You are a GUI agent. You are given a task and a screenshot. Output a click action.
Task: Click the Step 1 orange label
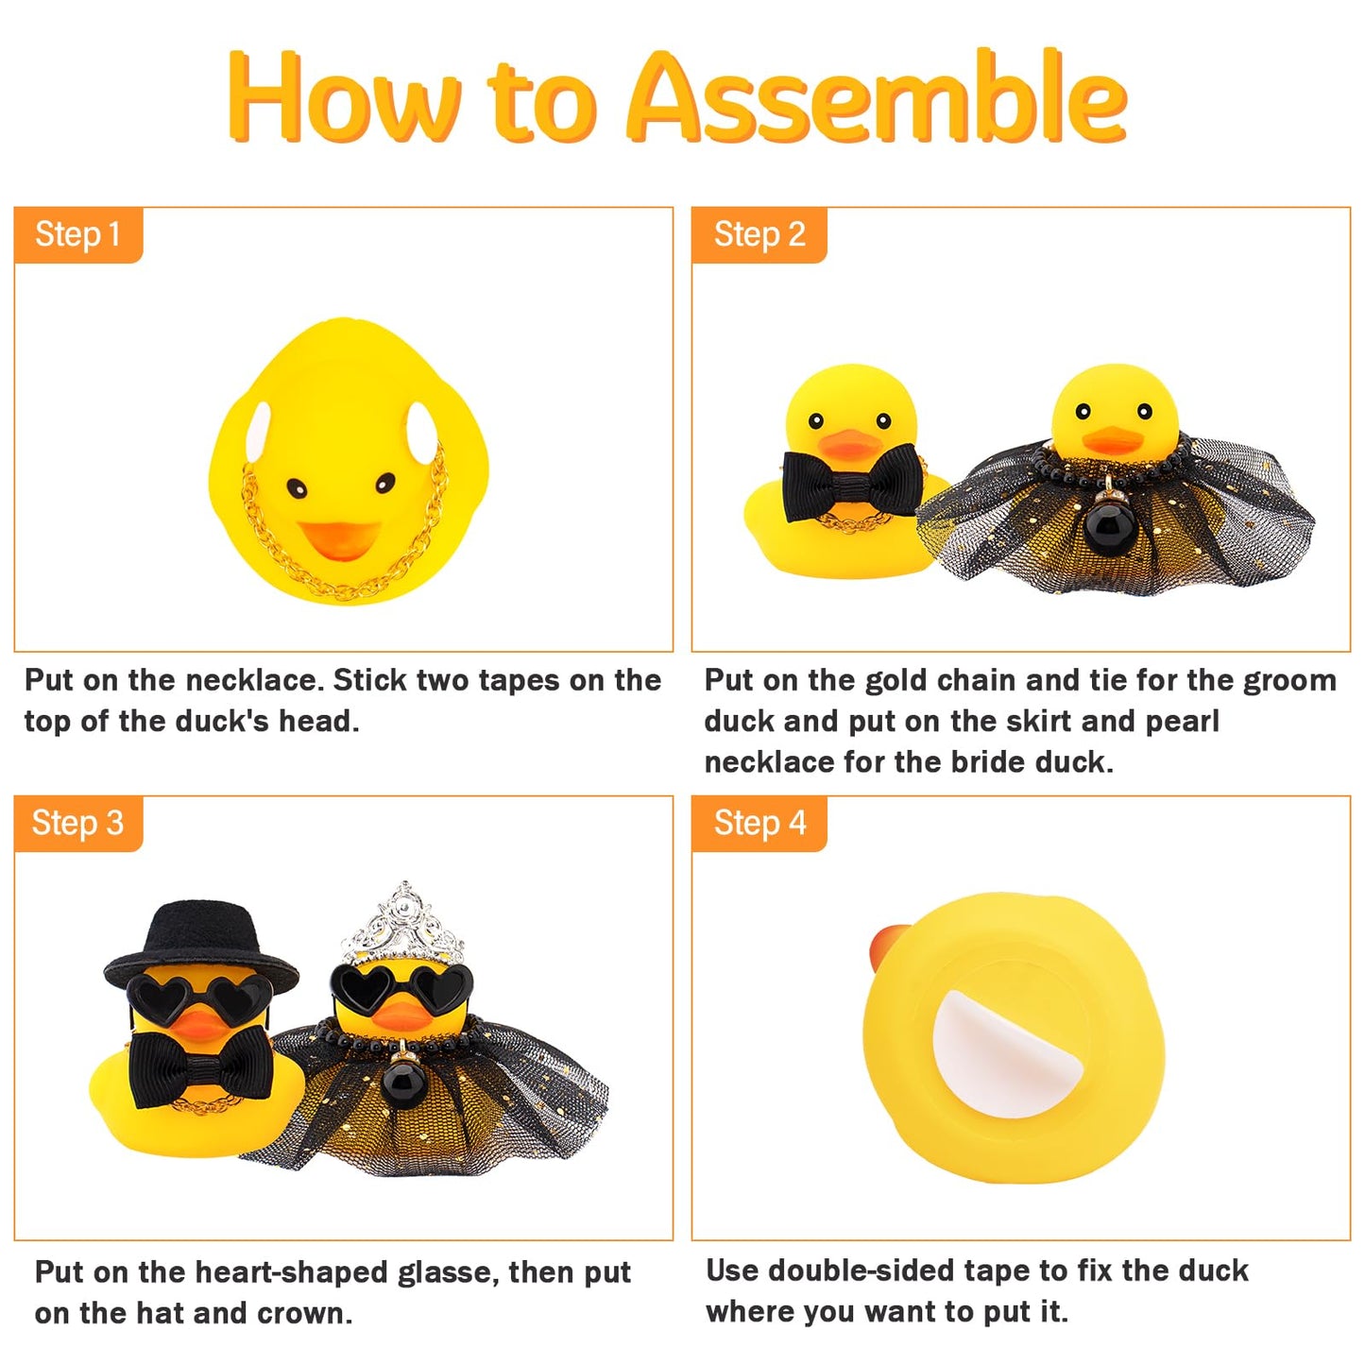[78, 234]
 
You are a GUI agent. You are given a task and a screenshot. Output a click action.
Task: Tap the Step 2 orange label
[759, 234]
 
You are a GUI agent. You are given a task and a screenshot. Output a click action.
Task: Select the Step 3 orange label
[78, 823]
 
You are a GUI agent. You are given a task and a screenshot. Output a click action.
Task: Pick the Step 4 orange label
[759, 823]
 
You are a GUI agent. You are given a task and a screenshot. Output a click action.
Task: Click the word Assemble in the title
[877, 98]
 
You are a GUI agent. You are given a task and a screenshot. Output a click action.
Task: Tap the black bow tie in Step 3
[201, 1065]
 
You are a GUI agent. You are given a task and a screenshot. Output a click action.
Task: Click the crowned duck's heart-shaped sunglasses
[401, 986]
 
